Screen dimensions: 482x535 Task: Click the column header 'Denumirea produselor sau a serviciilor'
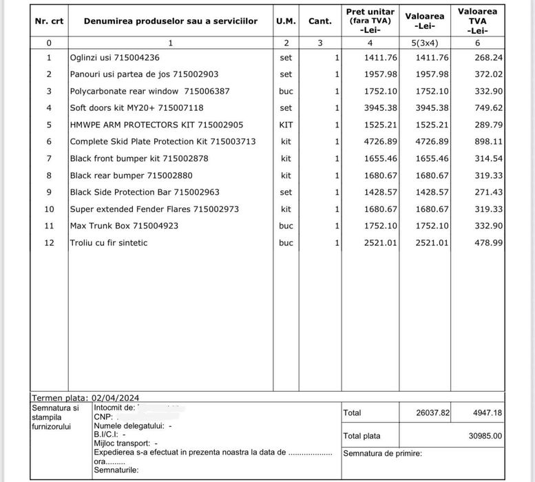click(x=171, y=21)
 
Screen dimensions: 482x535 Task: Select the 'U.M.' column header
click(x=286, y=21)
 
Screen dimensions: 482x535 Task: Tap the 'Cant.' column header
click(x=320, y=21)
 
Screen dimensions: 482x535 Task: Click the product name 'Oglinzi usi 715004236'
click(x=114, y=58)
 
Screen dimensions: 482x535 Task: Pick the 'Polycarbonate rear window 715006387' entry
click(x=149, y=92)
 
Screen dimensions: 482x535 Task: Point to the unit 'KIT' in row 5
click(x=286, y=125)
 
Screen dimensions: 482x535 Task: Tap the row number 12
click(x=49, y=243)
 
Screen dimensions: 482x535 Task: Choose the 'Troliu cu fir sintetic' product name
click(x=109, y=243)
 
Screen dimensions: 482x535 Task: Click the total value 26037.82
click(x=433, y=413)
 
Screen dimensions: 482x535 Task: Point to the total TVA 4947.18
click(x=487, y=413)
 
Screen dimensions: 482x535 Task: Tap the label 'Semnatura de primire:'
click(x=382, y=454)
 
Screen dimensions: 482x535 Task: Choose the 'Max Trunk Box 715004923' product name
click(x=124, y=226)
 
